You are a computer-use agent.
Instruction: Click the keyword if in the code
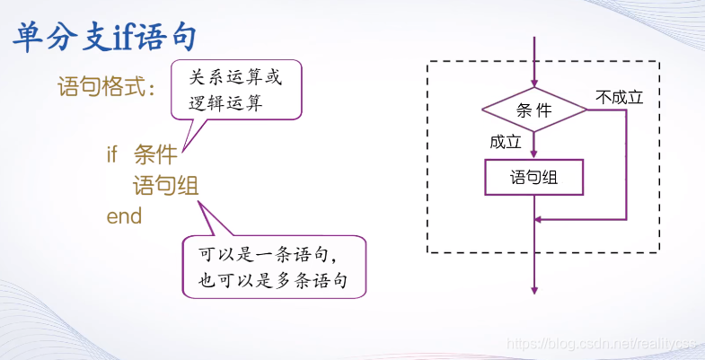coord(112,154)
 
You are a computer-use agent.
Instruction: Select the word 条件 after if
coord(155,154)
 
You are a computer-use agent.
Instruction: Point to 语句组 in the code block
coord(165,186)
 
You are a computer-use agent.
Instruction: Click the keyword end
coord(124,216)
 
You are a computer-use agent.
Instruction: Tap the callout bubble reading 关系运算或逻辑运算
coord(236,91)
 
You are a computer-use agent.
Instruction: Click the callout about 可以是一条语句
coord(274,267)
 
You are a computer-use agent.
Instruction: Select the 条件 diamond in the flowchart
coord(534,110)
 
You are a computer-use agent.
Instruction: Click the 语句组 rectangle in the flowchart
coord(534,177)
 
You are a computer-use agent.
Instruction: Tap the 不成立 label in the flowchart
coord(620,97)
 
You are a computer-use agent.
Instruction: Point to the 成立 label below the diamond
coord(506,141)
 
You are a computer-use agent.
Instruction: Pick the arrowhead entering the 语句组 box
coord(534,154)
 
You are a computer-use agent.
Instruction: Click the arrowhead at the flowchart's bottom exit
coord(534,288)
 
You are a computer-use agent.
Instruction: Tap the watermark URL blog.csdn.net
coord(599,344)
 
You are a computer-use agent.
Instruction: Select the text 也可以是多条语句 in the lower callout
coord(274,280)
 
